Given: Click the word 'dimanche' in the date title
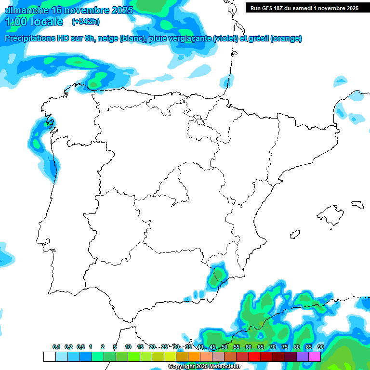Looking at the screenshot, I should [26, 10].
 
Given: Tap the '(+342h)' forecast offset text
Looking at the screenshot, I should [85, 22].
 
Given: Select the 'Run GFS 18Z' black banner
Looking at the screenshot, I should [304, 8].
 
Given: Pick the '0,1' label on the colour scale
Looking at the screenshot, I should [56, 347].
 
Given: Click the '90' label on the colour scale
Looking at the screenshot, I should [321, 347].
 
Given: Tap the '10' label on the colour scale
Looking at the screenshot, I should [128, 347].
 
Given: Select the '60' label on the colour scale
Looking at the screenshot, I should [249, 347].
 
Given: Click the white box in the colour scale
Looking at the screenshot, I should [49, 357].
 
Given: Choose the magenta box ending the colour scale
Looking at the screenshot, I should [315, 357].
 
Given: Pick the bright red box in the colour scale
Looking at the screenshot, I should [254, 357].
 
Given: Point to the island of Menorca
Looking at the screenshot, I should [357, 204].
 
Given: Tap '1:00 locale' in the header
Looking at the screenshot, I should [34, 22].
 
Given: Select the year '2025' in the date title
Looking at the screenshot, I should [122, 10].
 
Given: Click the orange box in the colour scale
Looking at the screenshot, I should [194, 357].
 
